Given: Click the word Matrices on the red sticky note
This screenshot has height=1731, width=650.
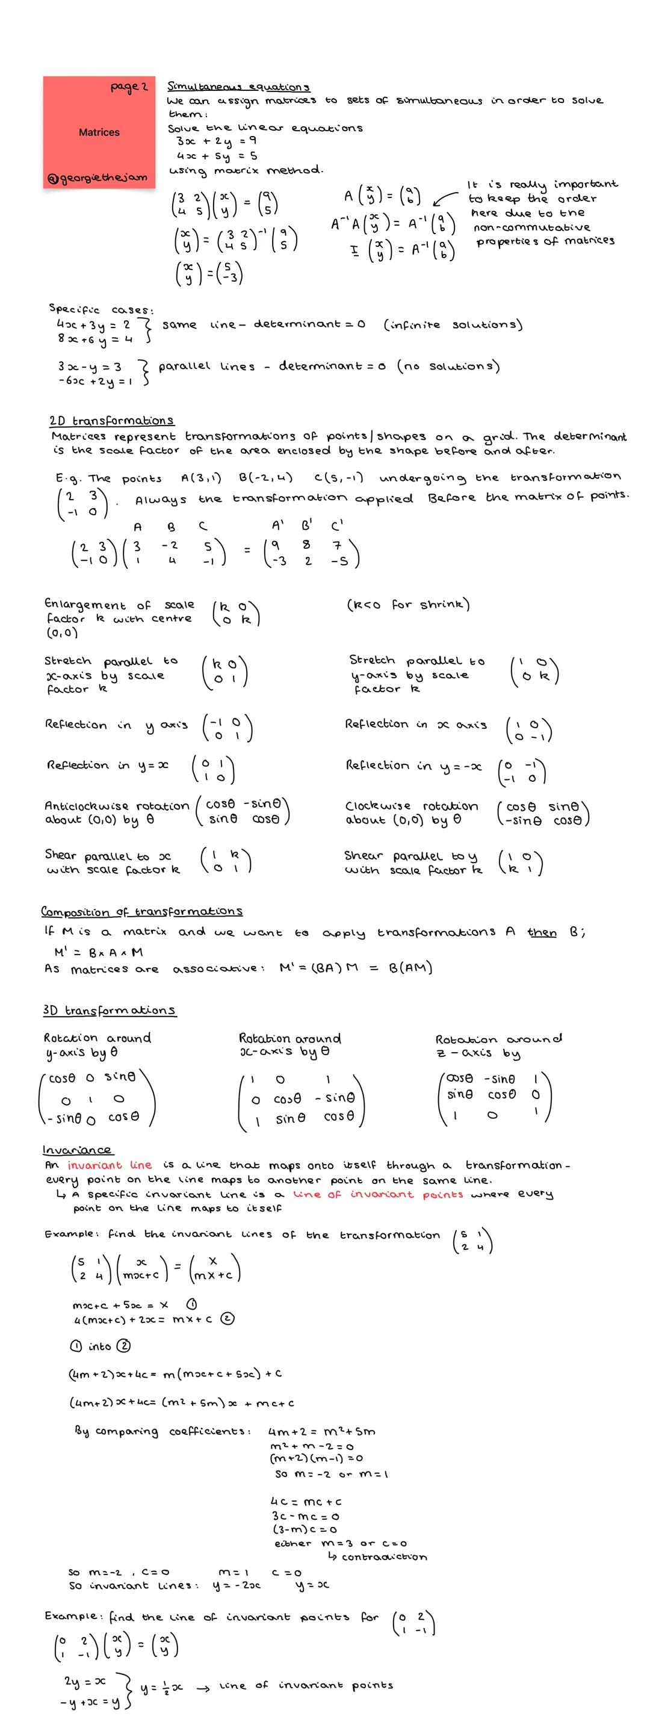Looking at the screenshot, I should (99, 132).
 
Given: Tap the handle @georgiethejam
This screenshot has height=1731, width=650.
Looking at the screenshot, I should (96, 178).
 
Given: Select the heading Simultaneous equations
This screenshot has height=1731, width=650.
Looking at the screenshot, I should (238, 87).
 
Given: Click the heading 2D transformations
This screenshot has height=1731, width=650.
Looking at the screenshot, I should (111, 421).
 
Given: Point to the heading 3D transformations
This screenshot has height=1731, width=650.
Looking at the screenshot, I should (110, 1010).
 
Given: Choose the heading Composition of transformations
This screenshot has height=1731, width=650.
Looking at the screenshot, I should (142, 911).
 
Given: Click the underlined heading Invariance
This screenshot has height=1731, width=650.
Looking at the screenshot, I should (77, 1150).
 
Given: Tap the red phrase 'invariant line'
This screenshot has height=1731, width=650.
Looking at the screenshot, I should (110, 1165).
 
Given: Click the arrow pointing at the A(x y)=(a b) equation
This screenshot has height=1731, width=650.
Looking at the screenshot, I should (444, 198).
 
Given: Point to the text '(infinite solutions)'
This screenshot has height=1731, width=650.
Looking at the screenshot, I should (453, 324).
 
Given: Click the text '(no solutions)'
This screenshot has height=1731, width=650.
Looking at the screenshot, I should (448, 366).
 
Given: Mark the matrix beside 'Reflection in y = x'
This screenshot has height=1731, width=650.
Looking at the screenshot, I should (212, 770).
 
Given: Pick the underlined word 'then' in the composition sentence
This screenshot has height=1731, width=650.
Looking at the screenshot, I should (542, 933).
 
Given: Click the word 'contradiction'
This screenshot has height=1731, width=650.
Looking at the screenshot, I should (383, 1557).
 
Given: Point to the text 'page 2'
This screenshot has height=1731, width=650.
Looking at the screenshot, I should (129, 87).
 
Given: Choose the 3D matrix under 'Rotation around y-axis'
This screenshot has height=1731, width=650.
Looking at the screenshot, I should (98, 1098).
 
